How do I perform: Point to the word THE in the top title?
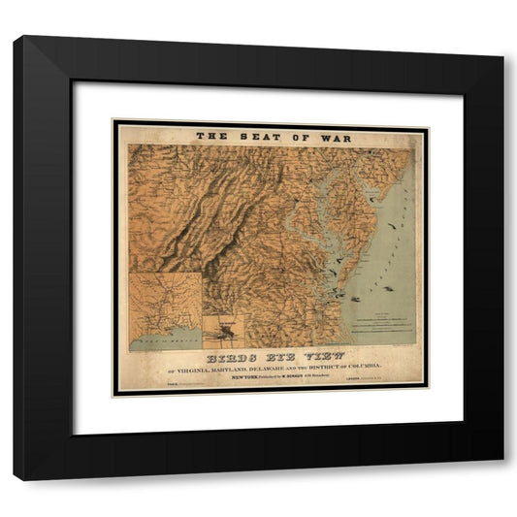[x=210, y=138]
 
